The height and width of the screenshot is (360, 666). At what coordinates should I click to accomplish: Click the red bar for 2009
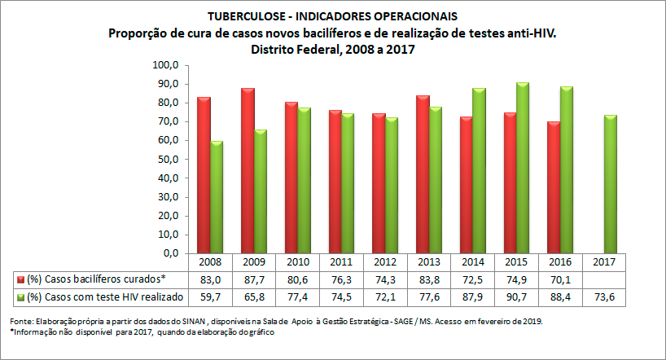pos(248,171)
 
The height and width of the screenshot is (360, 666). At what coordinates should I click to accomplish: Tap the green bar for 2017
pos(611,184)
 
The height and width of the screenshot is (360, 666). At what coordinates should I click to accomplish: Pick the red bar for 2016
pos(553,187)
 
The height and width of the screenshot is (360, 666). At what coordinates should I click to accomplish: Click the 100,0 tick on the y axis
pos(166,65)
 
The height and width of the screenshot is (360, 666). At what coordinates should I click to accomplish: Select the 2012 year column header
pos(384,263)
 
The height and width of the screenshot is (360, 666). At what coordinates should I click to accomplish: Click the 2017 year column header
pos(605,263)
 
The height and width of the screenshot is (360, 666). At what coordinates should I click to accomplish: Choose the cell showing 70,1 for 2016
pos(561,279)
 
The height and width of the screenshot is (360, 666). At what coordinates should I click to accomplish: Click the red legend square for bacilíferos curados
pos(20,279)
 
